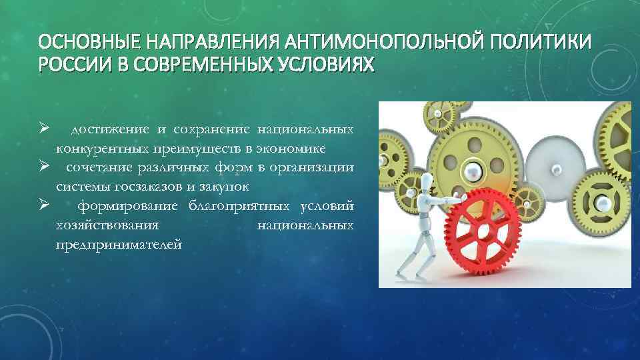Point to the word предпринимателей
click(119, 245)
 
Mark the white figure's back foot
click(402, 273)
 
